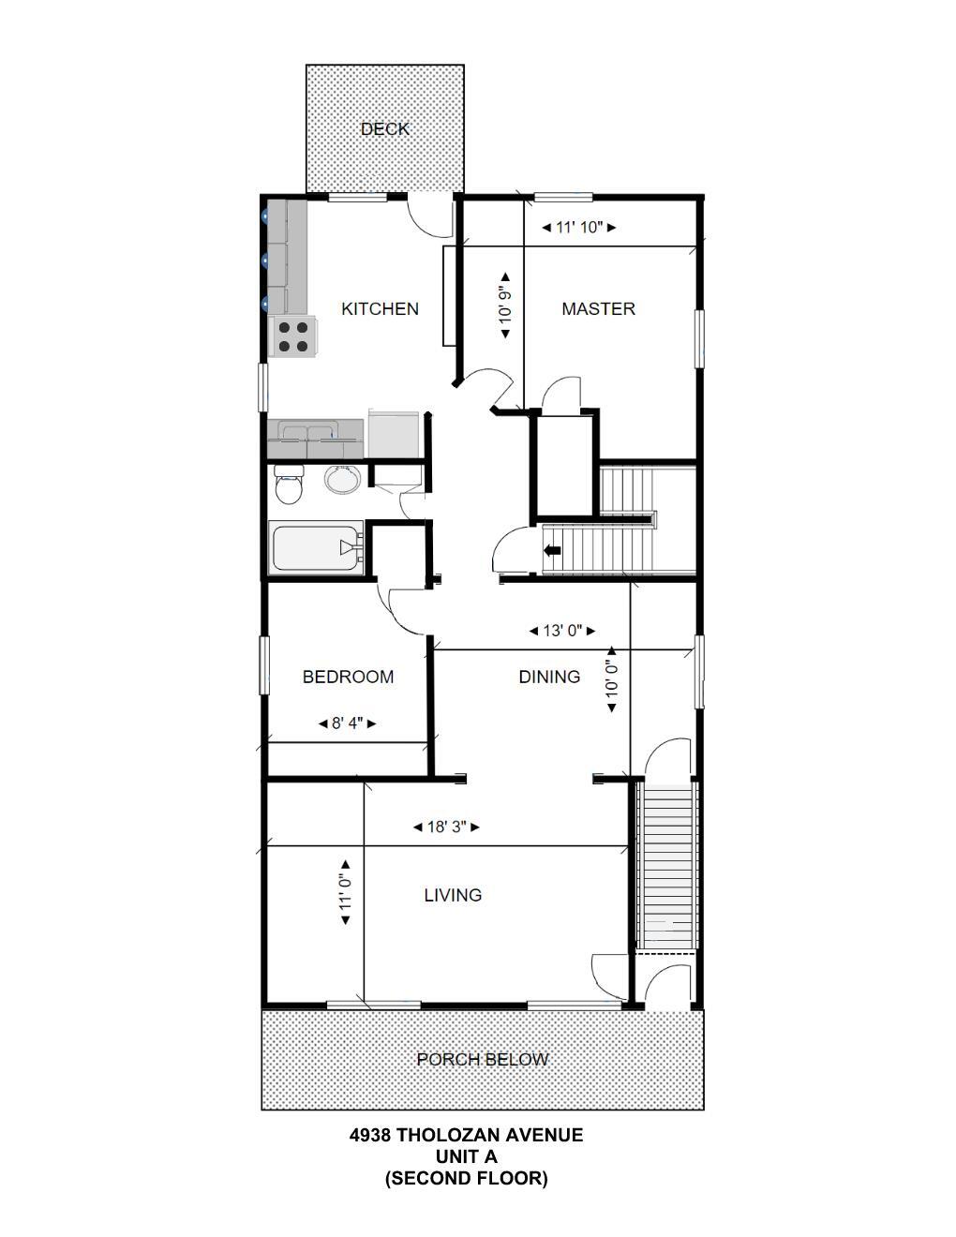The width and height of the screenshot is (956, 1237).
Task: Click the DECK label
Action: click(384, 129)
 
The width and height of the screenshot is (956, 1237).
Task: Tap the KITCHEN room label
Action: click(380, 308)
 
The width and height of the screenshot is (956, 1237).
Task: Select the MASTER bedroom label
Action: click(598, 308)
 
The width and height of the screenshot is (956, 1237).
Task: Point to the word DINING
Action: click(549, 677)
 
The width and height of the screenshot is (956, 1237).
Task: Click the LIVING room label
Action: click(453, 895)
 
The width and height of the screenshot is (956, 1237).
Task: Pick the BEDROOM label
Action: click(348, 677)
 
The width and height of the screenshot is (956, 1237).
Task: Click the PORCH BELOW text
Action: click(483, 1060)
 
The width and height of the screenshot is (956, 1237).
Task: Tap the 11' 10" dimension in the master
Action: click(578, 228)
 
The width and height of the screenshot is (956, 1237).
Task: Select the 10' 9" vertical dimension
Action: click(505, 306)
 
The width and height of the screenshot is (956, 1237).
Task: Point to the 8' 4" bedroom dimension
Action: click(347, 723)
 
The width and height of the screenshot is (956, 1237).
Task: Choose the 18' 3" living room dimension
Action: click(447, 827)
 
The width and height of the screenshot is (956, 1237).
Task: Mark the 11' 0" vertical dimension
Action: click(346, 894)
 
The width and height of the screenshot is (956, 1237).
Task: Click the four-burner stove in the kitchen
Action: click(293, 336)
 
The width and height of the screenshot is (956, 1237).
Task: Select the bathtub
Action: click(315, 548)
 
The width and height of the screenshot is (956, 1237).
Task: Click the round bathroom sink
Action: click(342, 480)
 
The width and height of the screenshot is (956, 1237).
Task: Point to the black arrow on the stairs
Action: click(552, 550)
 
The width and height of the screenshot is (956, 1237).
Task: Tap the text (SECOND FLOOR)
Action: click(466, 1178)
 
